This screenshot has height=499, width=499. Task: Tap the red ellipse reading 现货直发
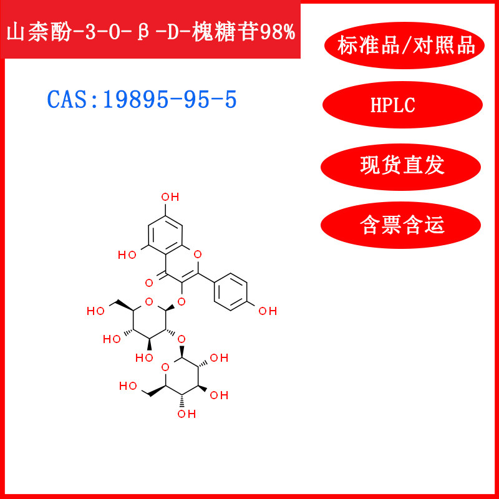point(402,165)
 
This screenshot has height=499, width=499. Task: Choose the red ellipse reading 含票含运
point(402,225)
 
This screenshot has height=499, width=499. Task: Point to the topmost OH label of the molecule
point(170,198)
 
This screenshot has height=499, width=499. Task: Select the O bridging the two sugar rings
point(181,339)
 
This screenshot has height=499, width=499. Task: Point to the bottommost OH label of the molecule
point(184,414)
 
